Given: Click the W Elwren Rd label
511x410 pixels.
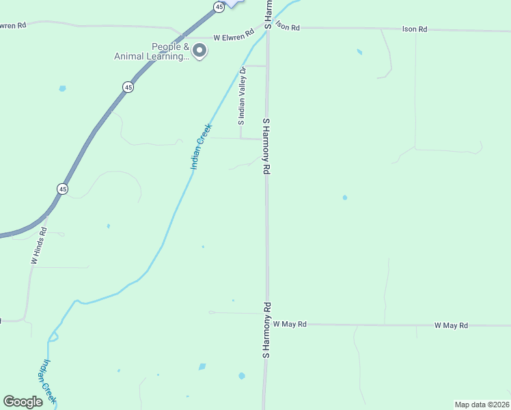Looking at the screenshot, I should tap(234, 38).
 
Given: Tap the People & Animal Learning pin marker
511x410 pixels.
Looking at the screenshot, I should tap(199, 51).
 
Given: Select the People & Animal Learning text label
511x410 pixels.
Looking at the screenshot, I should tap(152, 52).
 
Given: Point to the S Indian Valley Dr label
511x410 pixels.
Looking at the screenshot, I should tap(241, 96).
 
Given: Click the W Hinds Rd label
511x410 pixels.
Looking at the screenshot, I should tap(38, 247).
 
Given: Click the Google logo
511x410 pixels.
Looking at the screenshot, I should tap(23, 402).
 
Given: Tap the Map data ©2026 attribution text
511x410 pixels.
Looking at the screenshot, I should tap(482, 405).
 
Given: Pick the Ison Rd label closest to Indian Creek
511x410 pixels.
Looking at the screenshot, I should tap(287, 27).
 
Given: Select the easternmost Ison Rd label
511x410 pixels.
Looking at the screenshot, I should tap(415, 29).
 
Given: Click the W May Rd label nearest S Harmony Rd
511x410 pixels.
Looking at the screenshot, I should tap(290, 324).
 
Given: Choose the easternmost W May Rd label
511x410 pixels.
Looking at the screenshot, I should tap(451, 325).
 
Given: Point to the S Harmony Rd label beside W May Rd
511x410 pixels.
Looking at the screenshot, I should tap(267, 331).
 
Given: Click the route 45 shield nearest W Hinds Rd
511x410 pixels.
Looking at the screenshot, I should tap(63, 189).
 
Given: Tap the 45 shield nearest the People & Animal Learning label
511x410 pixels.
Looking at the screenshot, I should tap(128, 87).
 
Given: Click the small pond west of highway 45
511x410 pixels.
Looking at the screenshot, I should tap(62, 88).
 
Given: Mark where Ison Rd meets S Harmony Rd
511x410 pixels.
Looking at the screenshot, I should tap(268, 28).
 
